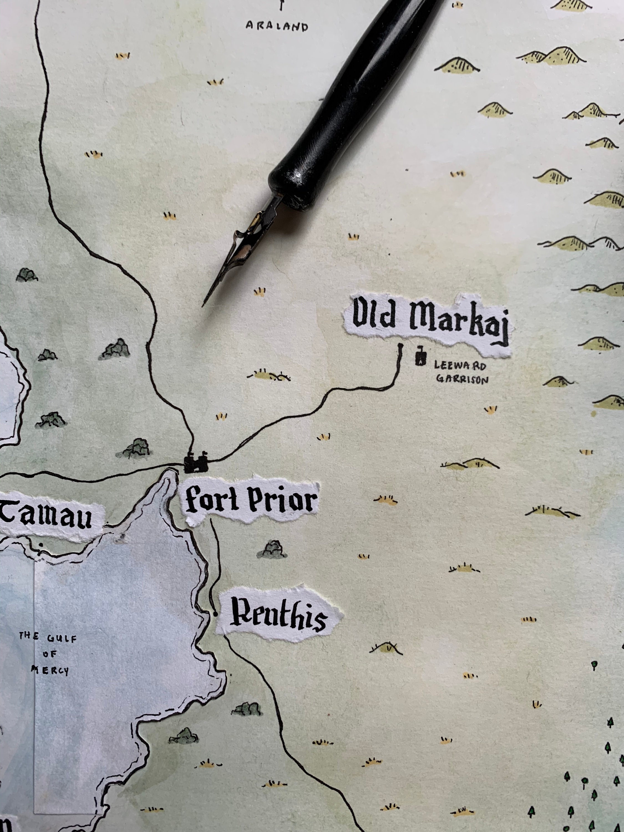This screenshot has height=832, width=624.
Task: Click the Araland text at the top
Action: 277,26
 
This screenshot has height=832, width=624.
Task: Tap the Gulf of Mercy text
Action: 44,654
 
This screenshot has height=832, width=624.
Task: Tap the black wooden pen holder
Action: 357,102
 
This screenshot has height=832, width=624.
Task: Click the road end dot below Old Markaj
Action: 400,345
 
